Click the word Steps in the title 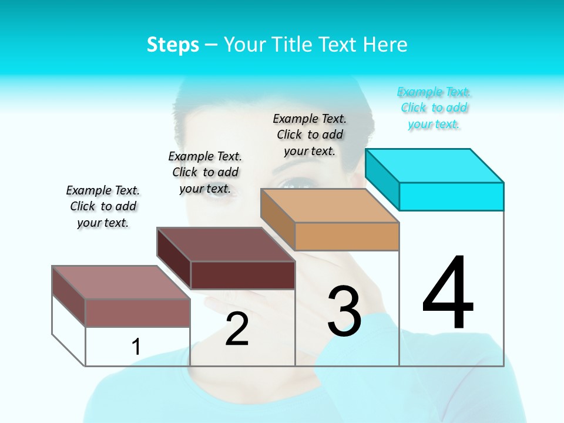172,45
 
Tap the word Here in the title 384,45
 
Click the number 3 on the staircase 344,311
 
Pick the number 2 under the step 237,329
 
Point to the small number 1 136,347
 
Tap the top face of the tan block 330,206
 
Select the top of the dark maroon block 226,244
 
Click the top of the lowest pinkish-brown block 121,283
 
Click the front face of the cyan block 451,196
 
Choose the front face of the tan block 347,236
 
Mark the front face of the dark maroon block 243,275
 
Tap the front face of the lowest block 137,313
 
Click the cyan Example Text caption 434,108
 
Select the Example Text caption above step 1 103,206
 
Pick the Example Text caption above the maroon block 205,172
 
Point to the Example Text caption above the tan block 310,135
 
